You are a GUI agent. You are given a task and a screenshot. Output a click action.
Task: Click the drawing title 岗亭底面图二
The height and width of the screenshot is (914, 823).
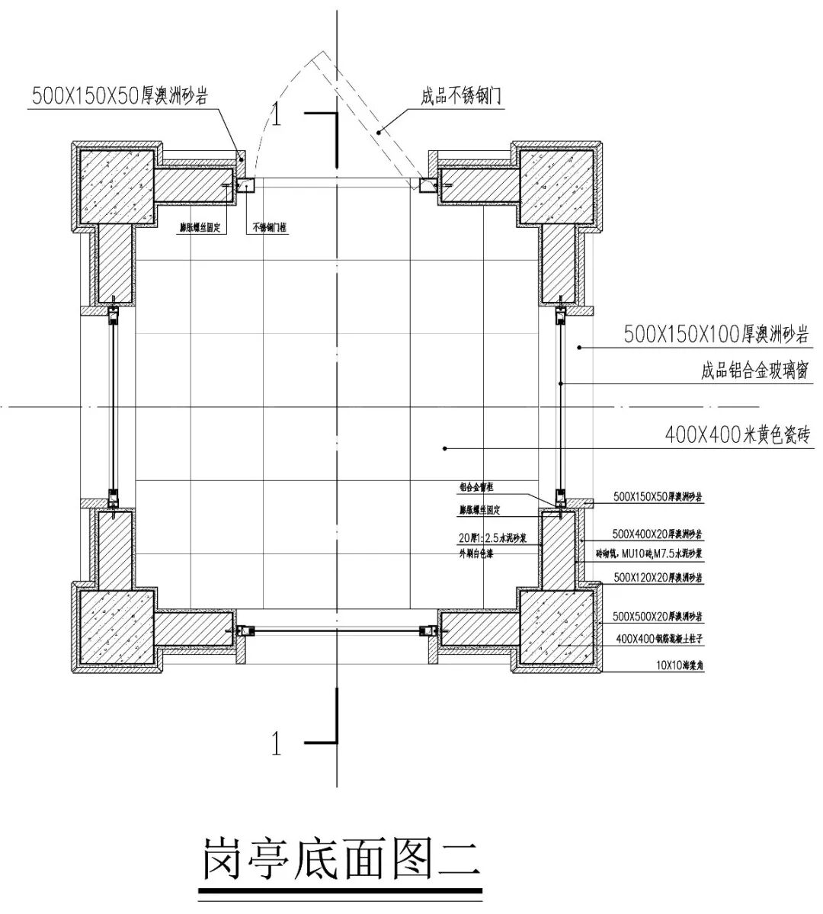click(341, 859)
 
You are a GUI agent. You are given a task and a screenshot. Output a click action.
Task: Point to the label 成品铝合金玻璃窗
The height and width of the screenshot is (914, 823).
click(754, 371)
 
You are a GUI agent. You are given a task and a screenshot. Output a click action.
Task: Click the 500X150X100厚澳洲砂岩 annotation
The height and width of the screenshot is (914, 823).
click(716, 334)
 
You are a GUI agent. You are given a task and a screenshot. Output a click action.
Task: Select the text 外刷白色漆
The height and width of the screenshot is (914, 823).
click(476, 554)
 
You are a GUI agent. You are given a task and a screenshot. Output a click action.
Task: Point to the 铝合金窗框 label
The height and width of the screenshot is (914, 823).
click(476, 487)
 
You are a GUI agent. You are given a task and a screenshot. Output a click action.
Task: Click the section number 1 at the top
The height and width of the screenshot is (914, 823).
click(277, 114)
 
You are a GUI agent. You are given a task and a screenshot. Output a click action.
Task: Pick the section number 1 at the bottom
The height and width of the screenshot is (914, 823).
click(277, 742)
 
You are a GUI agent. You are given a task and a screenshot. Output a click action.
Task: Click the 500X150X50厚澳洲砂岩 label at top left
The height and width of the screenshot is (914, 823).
click(120, 95)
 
